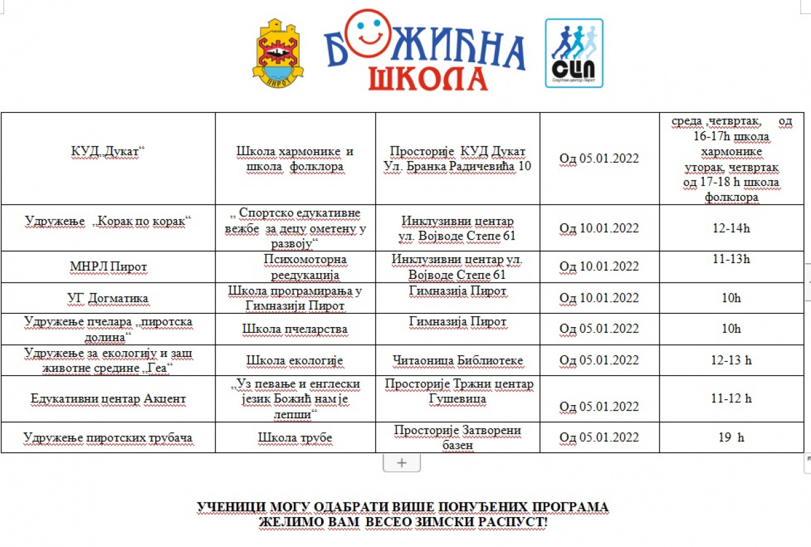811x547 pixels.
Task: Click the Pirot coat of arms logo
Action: (x=278, y=53)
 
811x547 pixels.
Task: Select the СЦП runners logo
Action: (x=574, y=53)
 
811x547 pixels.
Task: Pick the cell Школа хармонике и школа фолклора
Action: (x=295, y=159)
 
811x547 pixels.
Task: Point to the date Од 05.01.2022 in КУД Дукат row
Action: (x=599, y=158)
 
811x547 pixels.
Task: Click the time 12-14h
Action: (x=731, y=228)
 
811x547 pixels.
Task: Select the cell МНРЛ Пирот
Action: (x=108, y=267)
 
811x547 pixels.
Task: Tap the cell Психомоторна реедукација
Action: (x=296, y=267)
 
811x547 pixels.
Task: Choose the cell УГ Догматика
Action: (x=108, y=298)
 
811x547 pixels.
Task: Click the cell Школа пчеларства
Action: (x=295, y=329)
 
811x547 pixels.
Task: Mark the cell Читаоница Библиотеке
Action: (x=457, y=361)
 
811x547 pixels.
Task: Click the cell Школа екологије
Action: (x=295, y=361)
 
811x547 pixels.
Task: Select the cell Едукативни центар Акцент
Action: (x=108, y=399)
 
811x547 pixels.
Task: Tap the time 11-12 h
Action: (x=731, y=399)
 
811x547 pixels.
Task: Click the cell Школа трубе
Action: (x=295, y=437)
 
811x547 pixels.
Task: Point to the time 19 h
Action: (x=731, y=437)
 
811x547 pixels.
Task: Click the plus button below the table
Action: (x=401, y=463)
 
